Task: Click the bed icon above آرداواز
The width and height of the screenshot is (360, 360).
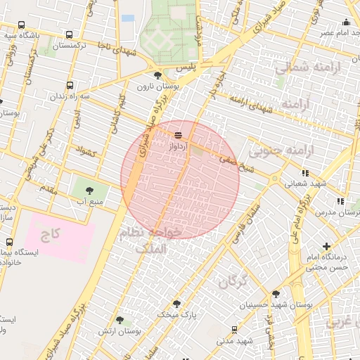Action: coord(178,134)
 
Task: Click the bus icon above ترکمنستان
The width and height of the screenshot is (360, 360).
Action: coord(69,34)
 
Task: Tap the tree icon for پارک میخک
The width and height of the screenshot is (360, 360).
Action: coord(176,304)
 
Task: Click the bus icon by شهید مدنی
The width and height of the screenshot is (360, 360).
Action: coord(234,329)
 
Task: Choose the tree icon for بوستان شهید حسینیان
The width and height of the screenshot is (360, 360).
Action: coord(275,294)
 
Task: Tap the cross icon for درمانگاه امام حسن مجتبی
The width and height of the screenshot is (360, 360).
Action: coord(326,246)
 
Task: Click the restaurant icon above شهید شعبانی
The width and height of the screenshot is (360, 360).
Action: coord(304,172)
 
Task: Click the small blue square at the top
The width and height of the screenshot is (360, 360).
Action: coord(128,18)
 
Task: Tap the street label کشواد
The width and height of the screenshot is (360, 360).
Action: coord(84,151)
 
